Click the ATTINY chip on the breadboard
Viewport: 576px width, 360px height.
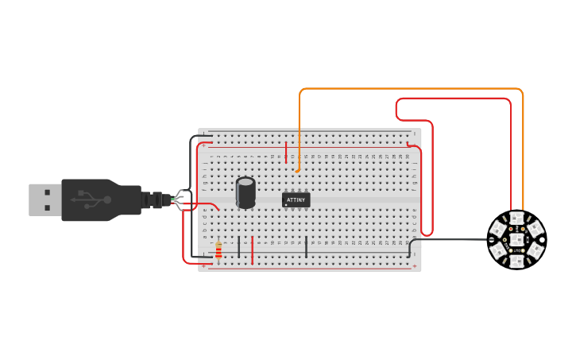pos(296,200)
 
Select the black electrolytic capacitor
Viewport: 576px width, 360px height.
pos(246,192)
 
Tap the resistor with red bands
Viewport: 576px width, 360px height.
pos(218,250)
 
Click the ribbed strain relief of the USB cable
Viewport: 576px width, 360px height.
pos(153,200)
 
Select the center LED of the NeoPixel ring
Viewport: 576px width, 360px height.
pos(516,238)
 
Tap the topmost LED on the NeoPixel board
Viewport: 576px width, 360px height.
pos(516,219)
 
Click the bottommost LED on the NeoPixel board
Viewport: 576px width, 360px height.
pos(516,259)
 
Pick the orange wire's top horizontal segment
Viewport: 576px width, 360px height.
pos(413,89)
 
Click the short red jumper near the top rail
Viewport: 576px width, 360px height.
pos(286,151)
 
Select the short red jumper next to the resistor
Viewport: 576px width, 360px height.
pos(253,250)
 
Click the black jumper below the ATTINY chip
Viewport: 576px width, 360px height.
pos(307,246)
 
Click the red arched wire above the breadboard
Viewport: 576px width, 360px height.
pos(453,99)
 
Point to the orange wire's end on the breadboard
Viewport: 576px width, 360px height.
pos(297,169)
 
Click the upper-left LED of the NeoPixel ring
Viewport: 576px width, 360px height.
pos(498,229)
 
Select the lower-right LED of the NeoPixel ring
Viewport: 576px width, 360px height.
pos(535,250)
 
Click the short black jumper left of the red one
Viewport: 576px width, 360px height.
pos(238,246)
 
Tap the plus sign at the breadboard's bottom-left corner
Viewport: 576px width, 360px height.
pos(203,266)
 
